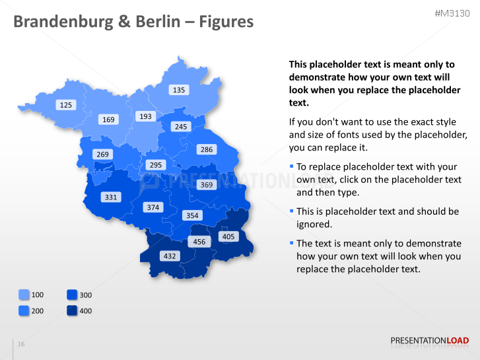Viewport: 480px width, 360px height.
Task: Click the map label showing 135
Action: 179,90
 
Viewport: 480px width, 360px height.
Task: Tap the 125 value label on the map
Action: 66,105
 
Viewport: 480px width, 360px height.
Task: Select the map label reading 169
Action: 108,120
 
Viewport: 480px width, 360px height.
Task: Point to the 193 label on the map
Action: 145,116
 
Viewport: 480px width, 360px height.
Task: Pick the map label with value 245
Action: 181,126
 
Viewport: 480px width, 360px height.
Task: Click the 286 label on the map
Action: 207,149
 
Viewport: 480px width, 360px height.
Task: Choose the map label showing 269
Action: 102,155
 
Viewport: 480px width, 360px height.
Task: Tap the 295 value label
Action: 155,165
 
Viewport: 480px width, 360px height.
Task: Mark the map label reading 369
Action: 207,185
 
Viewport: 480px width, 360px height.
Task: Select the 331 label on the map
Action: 110,197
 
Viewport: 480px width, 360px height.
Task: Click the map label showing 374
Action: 153,207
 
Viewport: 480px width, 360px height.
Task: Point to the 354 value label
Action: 192,215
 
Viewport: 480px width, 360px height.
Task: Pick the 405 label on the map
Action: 228,236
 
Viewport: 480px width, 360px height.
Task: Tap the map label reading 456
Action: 199,242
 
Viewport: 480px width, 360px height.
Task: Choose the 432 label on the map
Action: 170,256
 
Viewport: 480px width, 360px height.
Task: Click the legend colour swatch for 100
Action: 24,295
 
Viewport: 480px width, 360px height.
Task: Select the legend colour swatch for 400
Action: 72,310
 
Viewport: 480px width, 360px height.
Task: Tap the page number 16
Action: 21,344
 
